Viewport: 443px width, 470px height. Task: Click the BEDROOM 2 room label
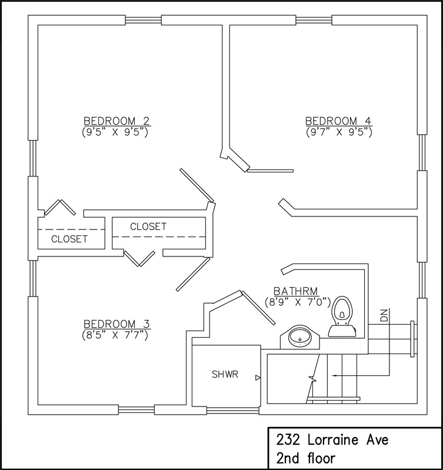(x=116, y=121)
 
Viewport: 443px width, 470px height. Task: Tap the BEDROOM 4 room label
(x=338, y=121)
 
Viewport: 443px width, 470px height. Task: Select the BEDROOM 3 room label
(x=116, y=324)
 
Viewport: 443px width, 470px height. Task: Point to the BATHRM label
(x=296, y=291)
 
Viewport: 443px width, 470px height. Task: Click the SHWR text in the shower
(x=225, y=374)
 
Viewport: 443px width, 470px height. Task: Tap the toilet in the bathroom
(x=342, y=316)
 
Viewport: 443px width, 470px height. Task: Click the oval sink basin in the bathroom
(x=299, y=337)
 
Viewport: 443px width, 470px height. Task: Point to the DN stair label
(x=384, y=315)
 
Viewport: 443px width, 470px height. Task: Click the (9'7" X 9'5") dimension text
(x=339, y=132)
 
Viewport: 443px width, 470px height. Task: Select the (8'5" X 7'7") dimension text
(x=115, y=335)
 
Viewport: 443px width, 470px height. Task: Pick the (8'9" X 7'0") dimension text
(x=298, y=302)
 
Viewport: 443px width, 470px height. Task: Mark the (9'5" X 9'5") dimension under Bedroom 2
(x=115, y=132)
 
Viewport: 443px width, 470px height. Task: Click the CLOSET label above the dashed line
(x=148, y=226)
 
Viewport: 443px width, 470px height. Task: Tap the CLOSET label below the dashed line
(x=69, y=239)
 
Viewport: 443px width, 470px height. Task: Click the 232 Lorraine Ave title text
(x=332, y=440)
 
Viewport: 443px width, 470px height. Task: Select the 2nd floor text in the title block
(x=306, y=458)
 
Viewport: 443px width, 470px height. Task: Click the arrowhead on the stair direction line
(x=334, y=375)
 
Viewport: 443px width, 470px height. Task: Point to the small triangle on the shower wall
(x=258, y=378)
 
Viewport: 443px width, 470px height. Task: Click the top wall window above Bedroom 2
(x=144, y=20)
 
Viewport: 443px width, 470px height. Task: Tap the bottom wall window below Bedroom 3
(x=136, y=410)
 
